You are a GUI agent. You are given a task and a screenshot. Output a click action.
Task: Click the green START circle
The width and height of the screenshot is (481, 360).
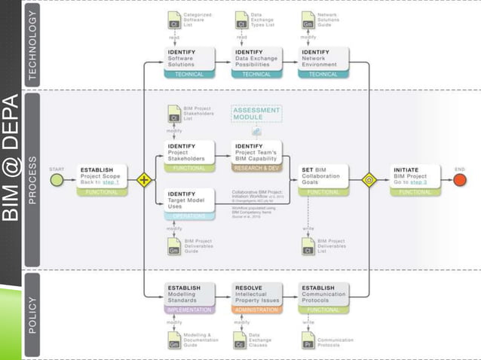[57, 180]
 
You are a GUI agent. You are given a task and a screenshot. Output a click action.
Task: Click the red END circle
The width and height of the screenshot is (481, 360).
[460, 180]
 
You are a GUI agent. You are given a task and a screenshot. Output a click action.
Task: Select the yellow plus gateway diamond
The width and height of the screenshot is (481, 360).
[143, 180]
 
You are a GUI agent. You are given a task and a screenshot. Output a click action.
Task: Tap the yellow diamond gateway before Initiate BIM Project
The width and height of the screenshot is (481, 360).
[369, 180]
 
